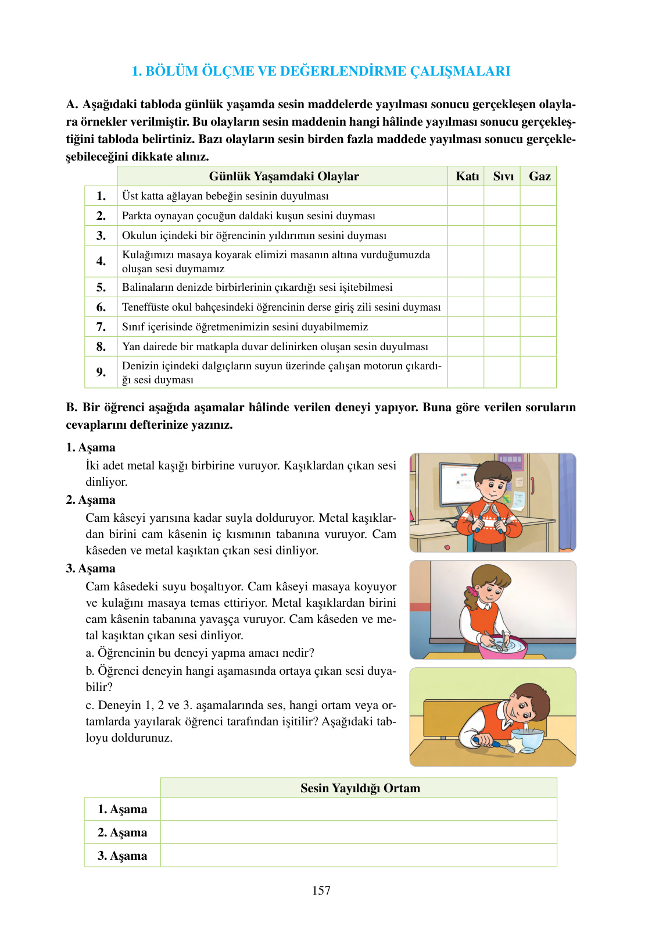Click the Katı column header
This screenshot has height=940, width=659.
coord(467,176)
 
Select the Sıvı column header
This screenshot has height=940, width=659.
coord(503,176)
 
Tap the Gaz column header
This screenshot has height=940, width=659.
coord(539,176)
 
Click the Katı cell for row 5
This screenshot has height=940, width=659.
coord(466,287)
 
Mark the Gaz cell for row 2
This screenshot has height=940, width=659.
coord(539,216)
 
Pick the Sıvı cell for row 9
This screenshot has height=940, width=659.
coord(502,372)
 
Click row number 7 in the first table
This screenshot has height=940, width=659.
coord(101,327)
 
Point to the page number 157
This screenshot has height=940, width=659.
coord(321,891)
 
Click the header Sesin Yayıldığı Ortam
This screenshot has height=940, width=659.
coord(360,788)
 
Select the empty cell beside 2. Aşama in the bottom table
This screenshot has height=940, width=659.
coord(359,832)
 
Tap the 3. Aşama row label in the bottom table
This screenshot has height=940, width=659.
coord(123,856)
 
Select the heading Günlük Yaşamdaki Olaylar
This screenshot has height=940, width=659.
coord(284,176)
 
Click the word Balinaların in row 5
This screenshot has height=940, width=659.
coord(148,287)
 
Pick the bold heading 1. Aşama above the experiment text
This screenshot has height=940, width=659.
coord(91,447)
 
